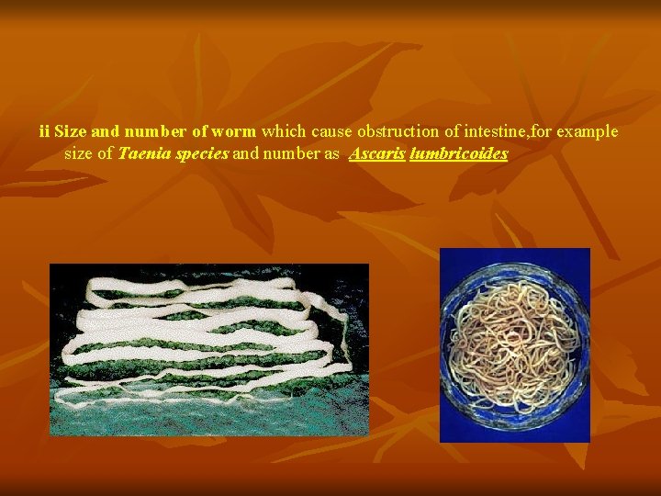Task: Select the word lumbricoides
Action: tap(458, 154)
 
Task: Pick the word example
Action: tap(587, 131)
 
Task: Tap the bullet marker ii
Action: tap(45, 131)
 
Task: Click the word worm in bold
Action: tap(233, 131)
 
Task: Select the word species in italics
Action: tap(200, 154)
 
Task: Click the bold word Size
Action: tap(71, 131)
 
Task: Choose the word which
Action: tap(285, 131)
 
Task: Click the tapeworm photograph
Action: tap(208, 349)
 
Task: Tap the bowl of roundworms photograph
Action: tap(514, 344)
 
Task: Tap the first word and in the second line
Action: tap(245, 154)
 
